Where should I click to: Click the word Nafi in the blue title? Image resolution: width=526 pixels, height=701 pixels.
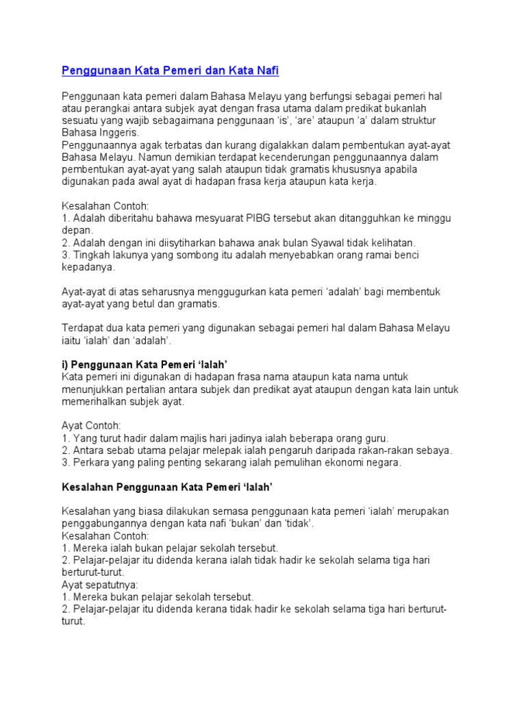[x=264, y=71]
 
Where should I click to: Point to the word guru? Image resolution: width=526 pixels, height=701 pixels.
[x=375, y=437]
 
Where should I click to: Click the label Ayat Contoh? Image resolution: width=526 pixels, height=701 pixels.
[x=91, y=425]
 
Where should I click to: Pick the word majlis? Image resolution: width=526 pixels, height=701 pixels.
[x=188, y=437]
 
